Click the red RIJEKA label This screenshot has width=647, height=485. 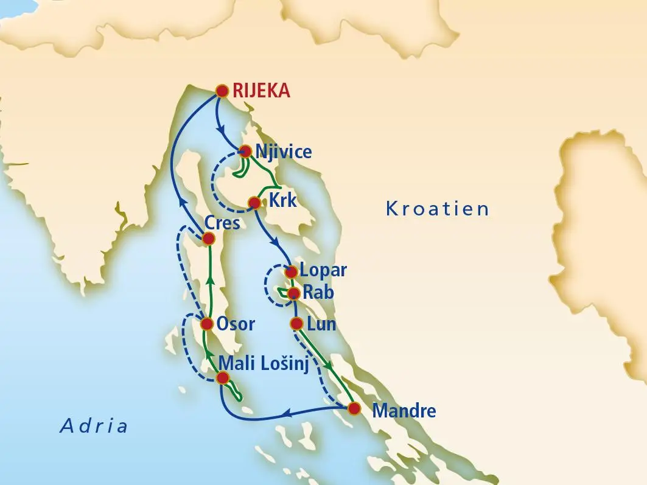(x=261, y=91)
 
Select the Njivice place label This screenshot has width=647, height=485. (x=284, y=151)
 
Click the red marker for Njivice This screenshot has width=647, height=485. (x=245, y=151)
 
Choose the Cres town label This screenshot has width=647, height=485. (x=222, y=223)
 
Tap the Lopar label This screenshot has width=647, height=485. (x=323, y=271)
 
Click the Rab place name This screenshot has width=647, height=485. (x=319, y=293)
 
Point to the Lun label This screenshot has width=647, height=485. (x=322, y=324)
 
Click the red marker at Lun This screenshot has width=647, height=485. (x=296, y=323)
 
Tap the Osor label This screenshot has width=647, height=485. (x=236, y=324)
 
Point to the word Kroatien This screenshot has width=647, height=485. (x=438, y=209)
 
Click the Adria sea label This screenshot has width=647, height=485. (x=94, y=425)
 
